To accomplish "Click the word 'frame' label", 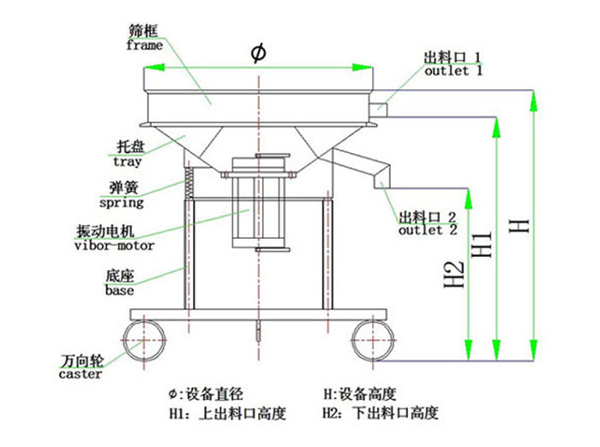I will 144,45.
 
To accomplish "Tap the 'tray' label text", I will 128,160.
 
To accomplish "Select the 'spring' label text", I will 121,204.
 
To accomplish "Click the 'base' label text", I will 119,290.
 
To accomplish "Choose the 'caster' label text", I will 81,374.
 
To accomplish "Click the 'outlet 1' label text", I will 453,71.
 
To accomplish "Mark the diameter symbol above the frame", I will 258,53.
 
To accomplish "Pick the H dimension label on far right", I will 519,226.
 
